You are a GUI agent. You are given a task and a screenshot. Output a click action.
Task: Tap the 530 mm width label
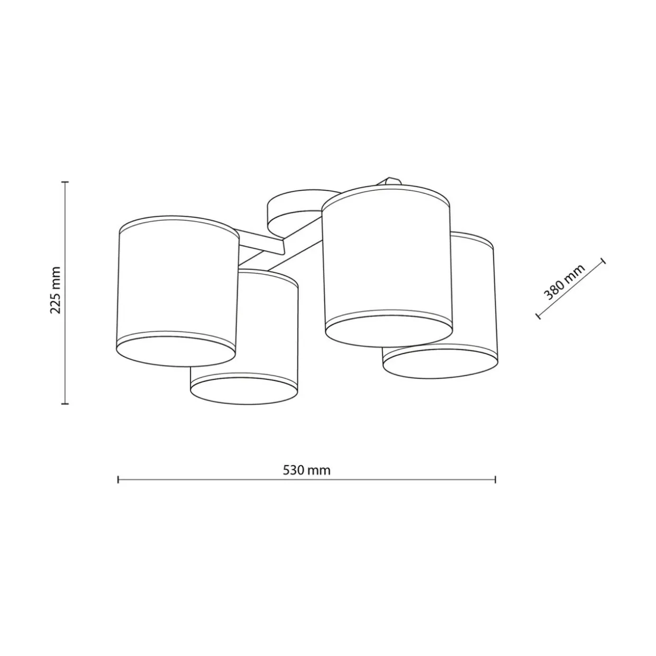(x=306, y=470)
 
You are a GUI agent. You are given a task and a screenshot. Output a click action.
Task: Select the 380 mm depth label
(x=565, y=282)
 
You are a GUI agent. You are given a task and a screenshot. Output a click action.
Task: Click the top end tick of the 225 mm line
(x=65, y=182)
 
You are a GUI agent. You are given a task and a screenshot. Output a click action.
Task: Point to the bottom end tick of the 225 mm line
(x=65, y=404)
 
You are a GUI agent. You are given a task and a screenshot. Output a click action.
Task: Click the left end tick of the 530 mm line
(x=118, y=480)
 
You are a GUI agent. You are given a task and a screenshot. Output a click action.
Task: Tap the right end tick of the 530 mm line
(x=495, y=480)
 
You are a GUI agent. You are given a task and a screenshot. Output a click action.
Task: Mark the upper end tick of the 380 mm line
(x=604, y=261)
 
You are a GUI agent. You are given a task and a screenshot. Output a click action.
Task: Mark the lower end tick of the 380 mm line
(x=538, y=316)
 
